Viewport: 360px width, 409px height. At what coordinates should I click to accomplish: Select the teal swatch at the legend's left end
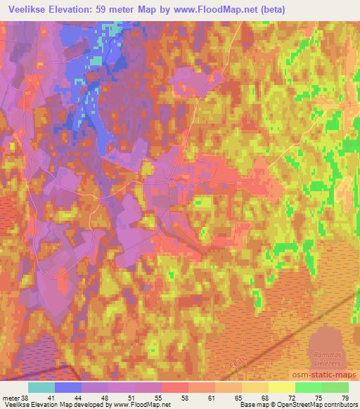(41, 387)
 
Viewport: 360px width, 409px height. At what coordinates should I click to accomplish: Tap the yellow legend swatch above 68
(255, 387)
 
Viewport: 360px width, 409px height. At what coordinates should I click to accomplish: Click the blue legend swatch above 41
(68, 387)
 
